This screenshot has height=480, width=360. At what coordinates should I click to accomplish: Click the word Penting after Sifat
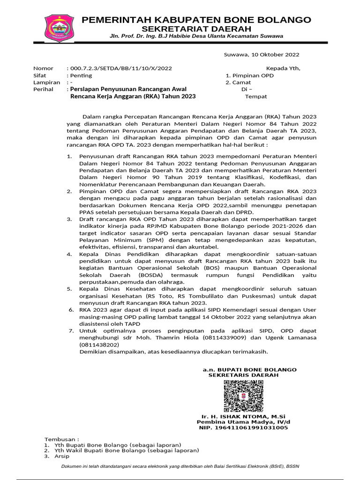point(81,75)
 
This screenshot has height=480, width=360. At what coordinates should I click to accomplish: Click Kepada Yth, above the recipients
point(283,68)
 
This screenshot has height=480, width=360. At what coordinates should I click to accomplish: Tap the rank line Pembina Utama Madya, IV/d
point(244,422)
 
